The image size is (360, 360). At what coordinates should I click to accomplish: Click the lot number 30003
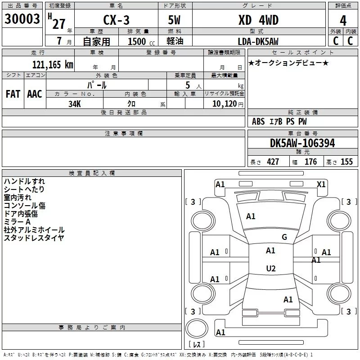pyautogui.click(x=22, y=19)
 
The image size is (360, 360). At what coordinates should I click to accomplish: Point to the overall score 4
pyautogui.click(x=343, y=20)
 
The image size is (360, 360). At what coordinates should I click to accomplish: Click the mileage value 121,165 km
pyautogui.click(x=52, y=64)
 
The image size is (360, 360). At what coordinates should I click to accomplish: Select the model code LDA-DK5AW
pyautogui.click(x=258, y=41)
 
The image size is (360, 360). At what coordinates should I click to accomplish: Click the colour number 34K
pyautogui.click(x=75, y=104)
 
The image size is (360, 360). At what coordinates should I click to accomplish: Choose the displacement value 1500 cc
pyautogui.click(x=137, y=42)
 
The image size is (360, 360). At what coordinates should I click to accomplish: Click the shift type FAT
pyautogui.click(x=13, y=94)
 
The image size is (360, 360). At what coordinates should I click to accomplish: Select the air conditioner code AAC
pyautogui.click(x=35, y=94)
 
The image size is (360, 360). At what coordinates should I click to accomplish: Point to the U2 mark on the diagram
pyautogui.click(x=270, y=269)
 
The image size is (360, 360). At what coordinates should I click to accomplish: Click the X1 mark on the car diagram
pyautogui.click(x=321, y=184)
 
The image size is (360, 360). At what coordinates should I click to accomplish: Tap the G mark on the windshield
pyautogui.click(x=284, y=237)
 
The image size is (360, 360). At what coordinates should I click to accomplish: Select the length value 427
pyautogui.click(x=273, y=162)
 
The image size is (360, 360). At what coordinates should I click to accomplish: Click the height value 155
pyautogui.click(x=346, y=162)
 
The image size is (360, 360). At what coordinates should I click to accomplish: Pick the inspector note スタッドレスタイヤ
pyautogui.click(x=34, y=238)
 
